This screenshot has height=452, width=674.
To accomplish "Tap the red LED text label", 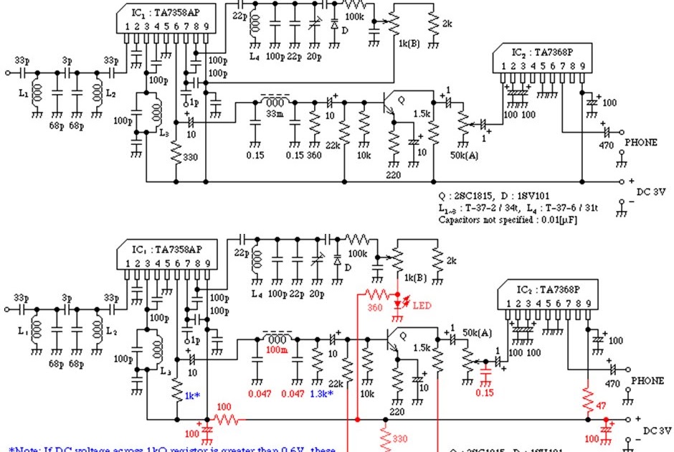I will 422,306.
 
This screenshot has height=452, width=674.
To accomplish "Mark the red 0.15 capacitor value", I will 485,392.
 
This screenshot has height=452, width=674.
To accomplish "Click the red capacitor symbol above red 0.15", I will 485,375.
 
